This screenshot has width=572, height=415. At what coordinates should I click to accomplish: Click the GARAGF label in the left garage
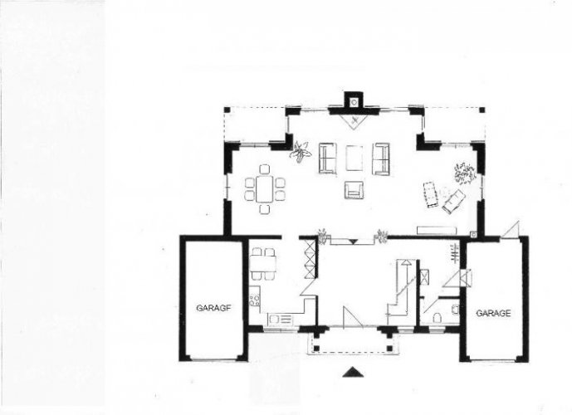[213, 308]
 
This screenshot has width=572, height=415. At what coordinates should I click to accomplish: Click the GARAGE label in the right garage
[493, 313]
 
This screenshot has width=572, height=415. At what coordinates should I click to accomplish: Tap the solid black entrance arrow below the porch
[353, 372]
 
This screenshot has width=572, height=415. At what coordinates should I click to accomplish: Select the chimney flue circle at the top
[354, 102]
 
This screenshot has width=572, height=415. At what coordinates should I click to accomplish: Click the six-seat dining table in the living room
[265, 188]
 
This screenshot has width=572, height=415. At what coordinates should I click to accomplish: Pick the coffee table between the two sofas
[354, 158]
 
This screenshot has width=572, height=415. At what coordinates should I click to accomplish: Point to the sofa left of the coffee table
[328, 159]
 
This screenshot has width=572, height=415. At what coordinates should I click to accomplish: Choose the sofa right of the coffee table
[381, 159]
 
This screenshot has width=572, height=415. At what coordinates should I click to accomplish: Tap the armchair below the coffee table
[354, 189]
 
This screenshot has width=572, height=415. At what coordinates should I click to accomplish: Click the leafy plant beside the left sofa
[300, 153]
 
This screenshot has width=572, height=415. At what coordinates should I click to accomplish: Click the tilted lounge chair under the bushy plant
[454, 201]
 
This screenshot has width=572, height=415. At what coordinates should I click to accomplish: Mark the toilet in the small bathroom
[437, 317]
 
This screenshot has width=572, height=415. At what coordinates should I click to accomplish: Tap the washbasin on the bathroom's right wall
[455, 310]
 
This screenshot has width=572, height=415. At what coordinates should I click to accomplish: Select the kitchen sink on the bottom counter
[280, 320]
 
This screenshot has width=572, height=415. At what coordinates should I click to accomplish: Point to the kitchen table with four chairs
[262, 264]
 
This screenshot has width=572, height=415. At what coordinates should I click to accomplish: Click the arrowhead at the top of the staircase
[407, 261]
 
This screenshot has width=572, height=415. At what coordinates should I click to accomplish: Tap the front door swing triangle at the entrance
[352, 316]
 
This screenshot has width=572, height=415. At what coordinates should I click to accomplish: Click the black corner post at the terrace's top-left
[227, 110]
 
